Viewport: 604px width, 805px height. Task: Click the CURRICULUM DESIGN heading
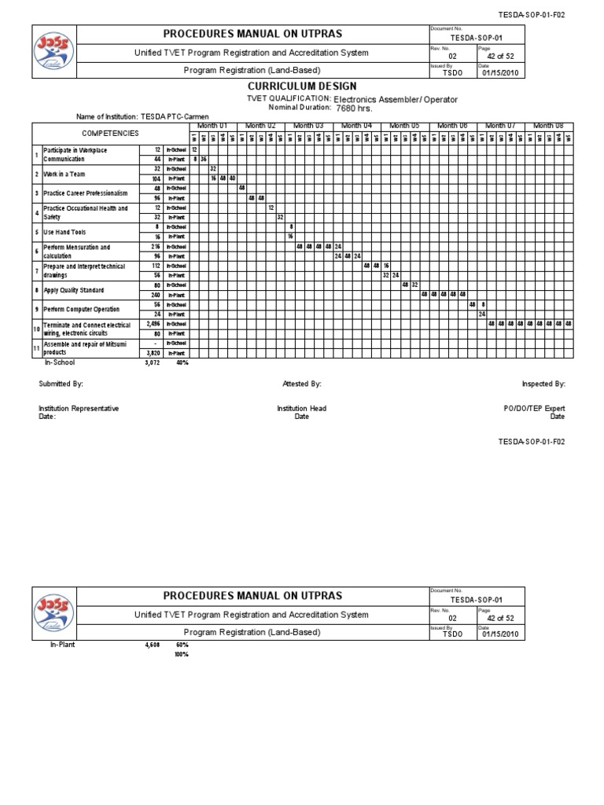pyautogui.click(x=302, y=86)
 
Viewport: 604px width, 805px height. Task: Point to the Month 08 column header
pyautogui.click(x=548, y=126)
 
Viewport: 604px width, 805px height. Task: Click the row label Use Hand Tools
pyautogui.click(x=64, y=232)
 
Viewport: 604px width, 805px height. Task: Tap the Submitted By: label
pyautogui.click(x=61, y=384)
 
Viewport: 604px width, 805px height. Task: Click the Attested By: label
pyautogui.click(x=302, y=384)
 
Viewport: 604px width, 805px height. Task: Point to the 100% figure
pyautogui.click(x=181, y=654)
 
